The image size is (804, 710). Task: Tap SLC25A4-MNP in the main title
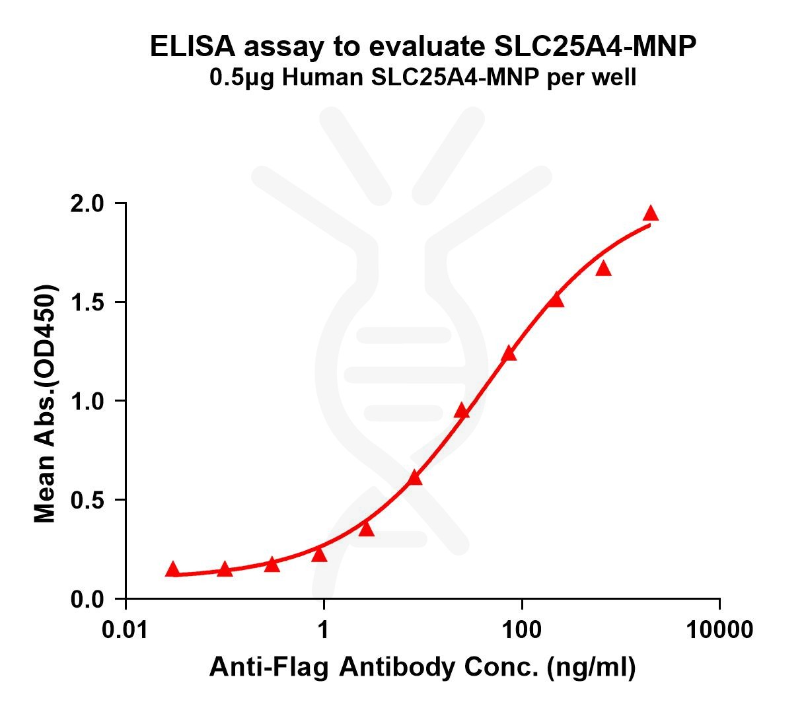click(x=595, y=48)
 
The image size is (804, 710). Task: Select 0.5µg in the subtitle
click(x=242, y=78)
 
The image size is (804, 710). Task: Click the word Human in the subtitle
click(x=318, y=77)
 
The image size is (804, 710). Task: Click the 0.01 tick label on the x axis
click(x=126, y=629)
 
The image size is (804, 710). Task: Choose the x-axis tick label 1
click(x=324, y=629)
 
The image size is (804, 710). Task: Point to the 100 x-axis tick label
click(x=522, y=629)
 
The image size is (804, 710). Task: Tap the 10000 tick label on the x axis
click(x=719, y=629)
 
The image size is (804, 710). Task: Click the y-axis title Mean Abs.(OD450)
click(x=45, y=404)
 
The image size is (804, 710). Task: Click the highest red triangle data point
click(x=651, y=213)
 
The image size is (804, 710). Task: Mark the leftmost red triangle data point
click(x=172, y=569)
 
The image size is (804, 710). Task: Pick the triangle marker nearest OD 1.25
click(x=509, y=354)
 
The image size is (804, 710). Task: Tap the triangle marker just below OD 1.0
click(x=462, y=412)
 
